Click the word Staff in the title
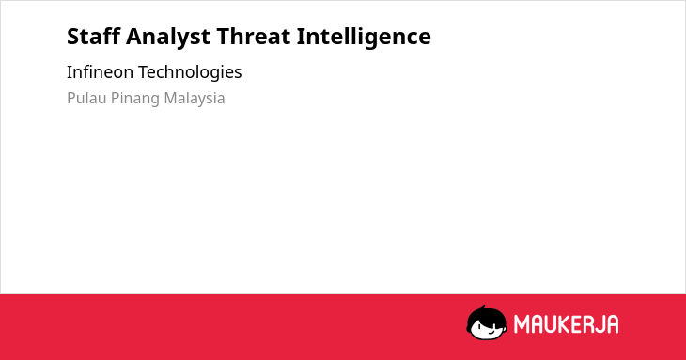tap(93, 36)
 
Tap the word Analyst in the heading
tap(168, 38)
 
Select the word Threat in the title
tap(254, 36)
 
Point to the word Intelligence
tap(364, 38)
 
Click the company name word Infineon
tap(101, 71)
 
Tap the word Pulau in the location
tap(86, 98)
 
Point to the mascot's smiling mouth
tap(491, 332)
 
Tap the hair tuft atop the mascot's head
tap(483, 307)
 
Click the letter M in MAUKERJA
tap(522, 324)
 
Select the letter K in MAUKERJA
tap(565, 324)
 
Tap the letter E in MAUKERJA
tap(578, 324)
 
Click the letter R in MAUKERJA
tap(589, 324)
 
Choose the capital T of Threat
tap(224, 36)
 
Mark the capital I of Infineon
tap(70, 72)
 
